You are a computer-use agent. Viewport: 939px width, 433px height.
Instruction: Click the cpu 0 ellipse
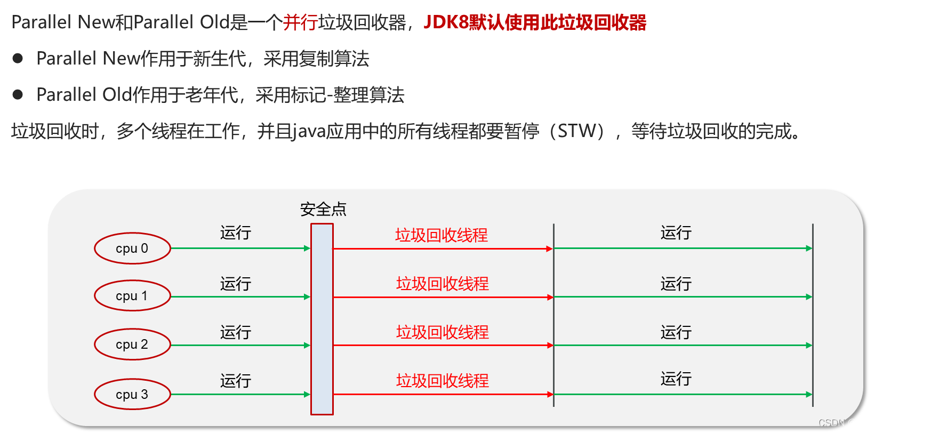coord(132,248)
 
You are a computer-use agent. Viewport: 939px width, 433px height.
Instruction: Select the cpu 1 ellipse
coord(132,296)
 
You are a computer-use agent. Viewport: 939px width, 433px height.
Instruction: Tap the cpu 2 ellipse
coord(132,344)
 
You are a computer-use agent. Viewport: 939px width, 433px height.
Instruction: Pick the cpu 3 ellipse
coord(132,395)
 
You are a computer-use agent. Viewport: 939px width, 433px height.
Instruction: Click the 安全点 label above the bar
coord(323,210)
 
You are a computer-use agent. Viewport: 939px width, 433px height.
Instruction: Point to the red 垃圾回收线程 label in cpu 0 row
coord(442,235)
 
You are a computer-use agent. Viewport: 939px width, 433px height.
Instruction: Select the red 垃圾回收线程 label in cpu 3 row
coord(443,381)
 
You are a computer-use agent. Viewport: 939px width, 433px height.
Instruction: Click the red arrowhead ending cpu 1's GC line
coord(550,297)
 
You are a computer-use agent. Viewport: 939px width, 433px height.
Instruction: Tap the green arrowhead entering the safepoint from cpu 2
coord(307,346)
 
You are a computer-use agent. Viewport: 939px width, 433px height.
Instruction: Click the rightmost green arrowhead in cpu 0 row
coord(809,248)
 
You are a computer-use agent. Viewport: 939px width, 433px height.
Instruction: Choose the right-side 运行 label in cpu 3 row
coord(676,379)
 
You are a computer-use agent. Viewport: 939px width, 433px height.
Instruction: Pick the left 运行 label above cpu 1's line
coord(236,284)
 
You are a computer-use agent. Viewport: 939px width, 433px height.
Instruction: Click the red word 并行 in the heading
coord(300,22)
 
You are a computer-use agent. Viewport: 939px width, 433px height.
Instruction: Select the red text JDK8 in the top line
coord(446,22)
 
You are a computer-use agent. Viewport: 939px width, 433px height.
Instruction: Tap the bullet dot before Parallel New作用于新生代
coord(18,58)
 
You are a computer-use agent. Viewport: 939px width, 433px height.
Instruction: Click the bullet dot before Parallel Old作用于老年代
coord(18,94)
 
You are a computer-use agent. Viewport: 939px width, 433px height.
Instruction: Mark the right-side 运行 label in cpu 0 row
coord(676,233)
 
